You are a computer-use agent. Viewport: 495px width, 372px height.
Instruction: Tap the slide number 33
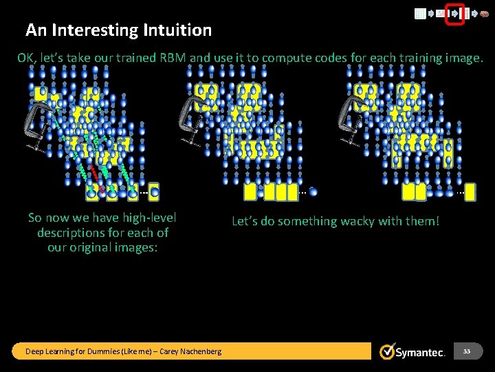467,351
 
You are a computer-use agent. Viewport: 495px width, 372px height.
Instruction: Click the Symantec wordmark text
421,352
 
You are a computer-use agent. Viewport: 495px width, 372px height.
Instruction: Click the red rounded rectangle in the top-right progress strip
455,14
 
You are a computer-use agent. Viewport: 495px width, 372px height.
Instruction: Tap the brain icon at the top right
484,14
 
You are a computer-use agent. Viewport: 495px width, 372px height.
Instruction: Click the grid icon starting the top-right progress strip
419,14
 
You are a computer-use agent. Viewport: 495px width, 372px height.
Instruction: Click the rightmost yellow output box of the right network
470,192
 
